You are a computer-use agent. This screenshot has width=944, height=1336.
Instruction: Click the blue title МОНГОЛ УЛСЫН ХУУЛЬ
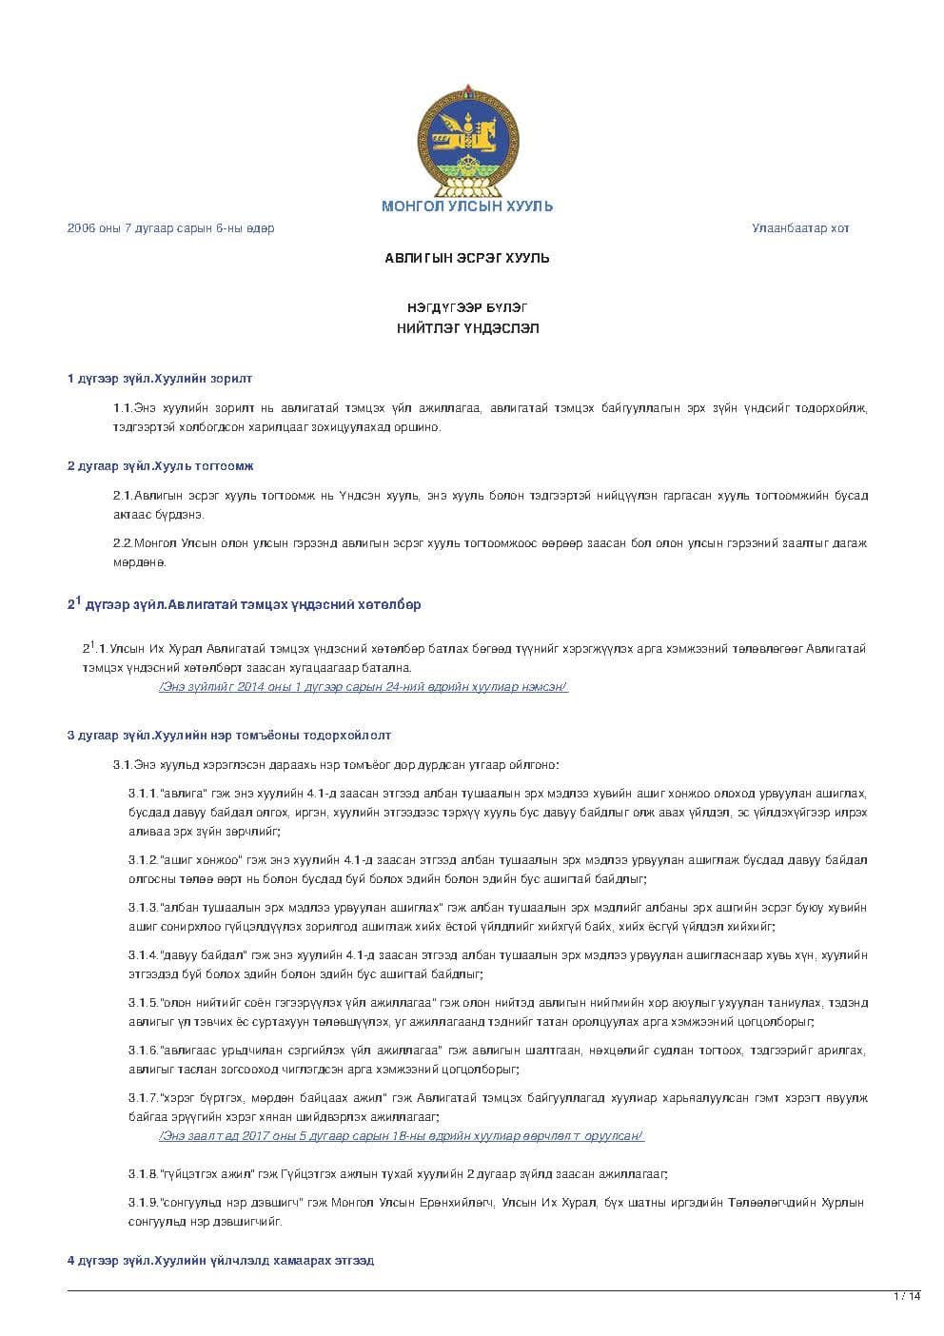pos(467,206)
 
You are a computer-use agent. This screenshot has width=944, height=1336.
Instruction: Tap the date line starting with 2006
pos(170,228)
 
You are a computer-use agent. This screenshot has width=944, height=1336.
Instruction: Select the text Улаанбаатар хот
pos(800,228)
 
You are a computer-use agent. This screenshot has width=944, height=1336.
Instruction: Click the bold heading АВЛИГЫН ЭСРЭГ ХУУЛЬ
pos(467,258)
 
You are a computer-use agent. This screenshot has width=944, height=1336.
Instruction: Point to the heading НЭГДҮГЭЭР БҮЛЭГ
pos(467,307)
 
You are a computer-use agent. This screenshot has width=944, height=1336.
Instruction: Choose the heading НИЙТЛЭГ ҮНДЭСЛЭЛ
pos(467,328)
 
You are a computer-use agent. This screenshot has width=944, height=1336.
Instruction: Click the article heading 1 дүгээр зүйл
pos(160,379)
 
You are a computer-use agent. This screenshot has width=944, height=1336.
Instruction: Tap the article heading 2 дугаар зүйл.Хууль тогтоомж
pos(160,466)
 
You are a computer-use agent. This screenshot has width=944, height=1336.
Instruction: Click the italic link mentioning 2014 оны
pos(364,687)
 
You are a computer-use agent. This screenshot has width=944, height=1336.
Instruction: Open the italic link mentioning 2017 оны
pos(401,1136)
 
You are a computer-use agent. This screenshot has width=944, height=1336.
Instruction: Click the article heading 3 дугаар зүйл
pos(229,736)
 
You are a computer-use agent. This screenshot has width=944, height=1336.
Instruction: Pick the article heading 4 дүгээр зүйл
pos(221,1261)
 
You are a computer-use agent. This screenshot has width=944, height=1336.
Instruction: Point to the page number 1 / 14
pos(907,1296)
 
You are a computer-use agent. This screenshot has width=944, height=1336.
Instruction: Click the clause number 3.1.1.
pos(143,794)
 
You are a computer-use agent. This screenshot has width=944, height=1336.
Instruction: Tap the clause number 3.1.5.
pos(143,1003)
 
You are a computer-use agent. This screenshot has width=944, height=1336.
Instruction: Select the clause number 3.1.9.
pos(143,1203)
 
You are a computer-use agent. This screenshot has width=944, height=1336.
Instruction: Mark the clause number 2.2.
pos(123,543)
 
